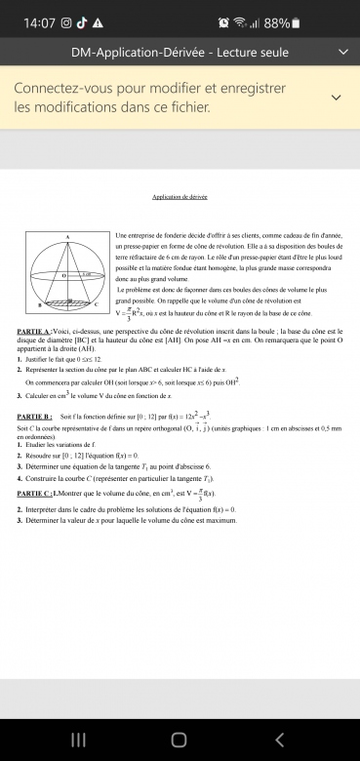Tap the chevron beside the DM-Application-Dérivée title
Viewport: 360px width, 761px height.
click(341, 51)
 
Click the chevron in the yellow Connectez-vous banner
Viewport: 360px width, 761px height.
click(336, 98)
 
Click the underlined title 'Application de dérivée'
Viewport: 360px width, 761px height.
click(180, 196)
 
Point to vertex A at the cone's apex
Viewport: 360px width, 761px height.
click(67, 237)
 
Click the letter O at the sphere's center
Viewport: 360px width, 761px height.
click(63, 276)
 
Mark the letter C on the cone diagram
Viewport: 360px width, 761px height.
click(97, 306)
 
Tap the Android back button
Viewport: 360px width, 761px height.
click(280, 739)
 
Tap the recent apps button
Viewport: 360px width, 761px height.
click(78, 739)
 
